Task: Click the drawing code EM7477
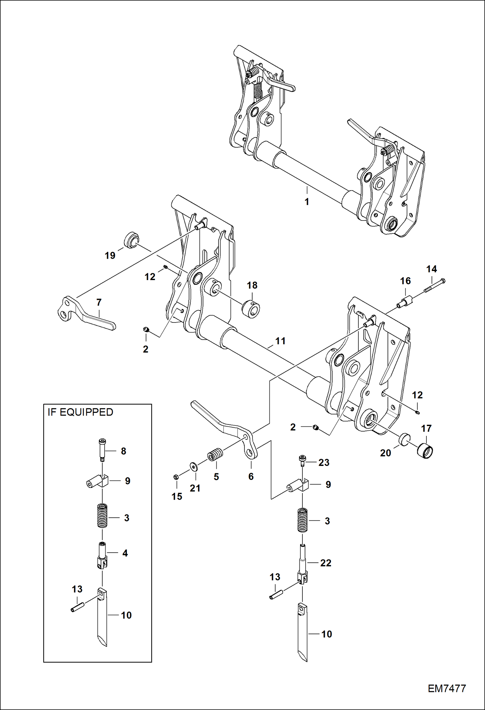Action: point(446,688)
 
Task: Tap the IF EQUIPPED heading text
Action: point(80,412)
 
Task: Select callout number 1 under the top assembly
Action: point(307,202)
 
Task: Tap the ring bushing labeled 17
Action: point(425,451)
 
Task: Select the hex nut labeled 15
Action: point(176,477)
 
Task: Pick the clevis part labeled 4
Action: point(102,556)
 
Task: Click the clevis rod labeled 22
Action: point(302,563)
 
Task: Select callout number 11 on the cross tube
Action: point(280,341)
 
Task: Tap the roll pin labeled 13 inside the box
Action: point(78,604)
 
